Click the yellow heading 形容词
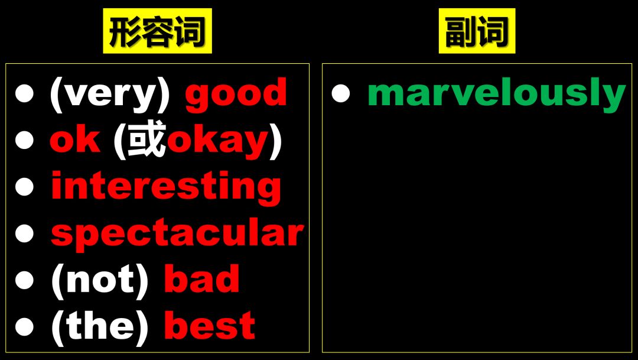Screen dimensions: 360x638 (x=157, y=32)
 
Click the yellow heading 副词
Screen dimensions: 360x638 (x=477, y=32)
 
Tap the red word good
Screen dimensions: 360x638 (x=236, y=94)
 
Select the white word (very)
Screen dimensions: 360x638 (x=110, y=94)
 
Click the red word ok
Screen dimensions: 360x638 (x=75, y=140)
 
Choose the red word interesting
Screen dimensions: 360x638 (x=166, y=187)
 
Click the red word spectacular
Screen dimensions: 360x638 (x=177, y=234)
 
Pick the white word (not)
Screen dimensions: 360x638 (x=99, y=280)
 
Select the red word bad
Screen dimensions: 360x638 (x=201, y=280)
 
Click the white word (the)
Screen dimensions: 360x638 (x=99, y=326)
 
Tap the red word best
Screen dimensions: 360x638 (x=209, y=326)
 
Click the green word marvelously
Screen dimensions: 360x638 (x=496, y=93)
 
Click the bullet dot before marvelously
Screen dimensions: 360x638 (x=341, y=94)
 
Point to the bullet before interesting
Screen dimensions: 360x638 (x=25, y=187)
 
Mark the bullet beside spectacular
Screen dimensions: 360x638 (x=25, y=233)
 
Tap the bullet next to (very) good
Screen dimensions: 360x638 (x=25, y=94)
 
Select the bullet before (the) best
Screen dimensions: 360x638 (x=25, y=326)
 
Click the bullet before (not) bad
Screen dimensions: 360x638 (x=25, y=280)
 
